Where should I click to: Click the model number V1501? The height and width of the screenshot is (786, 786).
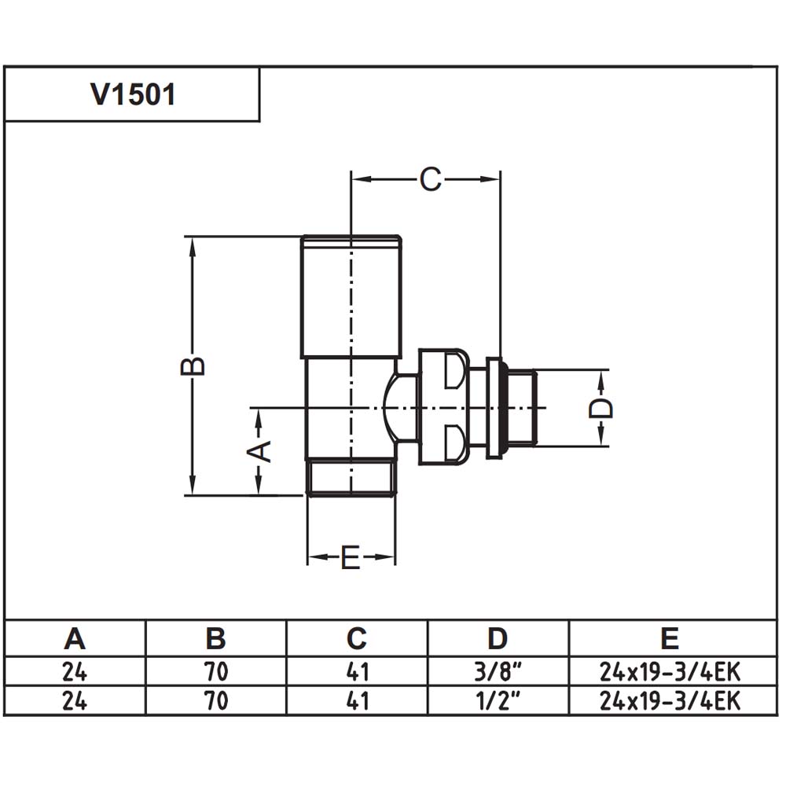pos(133,94)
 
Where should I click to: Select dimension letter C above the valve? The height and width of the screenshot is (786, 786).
pos(431,179)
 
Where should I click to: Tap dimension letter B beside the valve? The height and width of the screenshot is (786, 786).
pos(193,365)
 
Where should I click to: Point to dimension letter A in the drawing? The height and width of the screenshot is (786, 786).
pos(260,451)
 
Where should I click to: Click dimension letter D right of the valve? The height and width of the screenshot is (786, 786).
pos(601,408)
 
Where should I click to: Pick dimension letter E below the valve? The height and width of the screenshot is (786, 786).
pos(351,557)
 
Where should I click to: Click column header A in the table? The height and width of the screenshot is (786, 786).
pos(75,638)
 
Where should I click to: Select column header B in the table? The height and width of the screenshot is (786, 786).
pos(215,638)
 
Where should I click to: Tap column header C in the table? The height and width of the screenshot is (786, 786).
pos(356,638)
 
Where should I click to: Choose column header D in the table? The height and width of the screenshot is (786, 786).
pos(498,638)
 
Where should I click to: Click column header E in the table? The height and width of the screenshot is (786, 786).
pos(670,638)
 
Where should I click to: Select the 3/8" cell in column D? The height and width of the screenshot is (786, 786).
pos(498,672)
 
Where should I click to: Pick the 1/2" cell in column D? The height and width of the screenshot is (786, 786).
pos(498,700)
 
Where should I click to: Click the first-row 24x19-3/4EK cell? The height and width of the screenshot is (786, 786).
pos(670,672)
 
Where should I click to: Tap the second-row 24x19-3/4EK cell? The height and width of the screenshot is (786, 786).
pos(670,701)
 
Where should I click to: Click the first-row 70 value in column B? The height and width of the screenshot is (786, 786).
pos(216,672)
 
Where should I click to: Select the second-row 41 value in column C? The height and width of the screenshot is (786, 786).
pos(358,701)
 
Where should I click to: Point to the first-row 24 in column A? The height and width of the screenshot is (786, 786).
pos(75,672)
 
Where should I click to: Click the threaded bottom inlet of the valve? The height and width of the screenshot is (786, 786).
pos(351,477)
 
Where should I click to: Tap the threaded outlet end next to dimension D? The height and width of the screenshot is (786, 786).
pos(520,407)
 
